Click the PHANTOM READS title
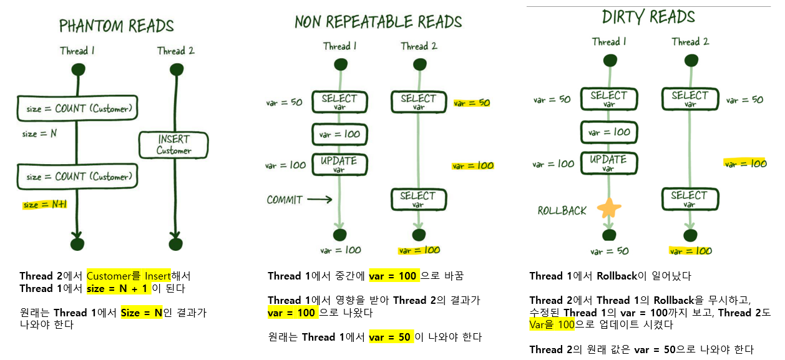click(116, 26)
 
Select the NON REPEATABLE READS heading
click(378, 22)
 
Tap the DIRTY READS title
click(648, 17)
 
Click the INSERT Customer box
click(173, 145)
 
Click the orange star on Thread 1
click(609, 208)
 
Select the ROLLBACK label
click(562, 211)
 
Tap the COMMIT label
click(285, 200)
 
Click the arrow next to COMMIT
click(319, 200)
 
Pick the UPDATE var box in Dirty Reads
click(608, 163)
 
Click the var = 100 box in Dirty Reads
click(608, 132)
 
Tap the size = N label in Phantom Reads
click(39, 134)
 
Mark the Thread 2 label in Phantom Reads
click(175, 51)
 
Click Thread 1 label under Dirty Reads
click(609, 42)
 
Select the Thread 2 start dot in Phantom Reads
click(177, 69)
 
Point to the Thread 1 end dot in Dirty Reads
click(609, 235)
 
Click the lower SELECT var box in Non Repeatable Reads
click(418, 199)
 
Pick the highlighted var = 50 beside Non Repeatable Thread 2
click(472, 103)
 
